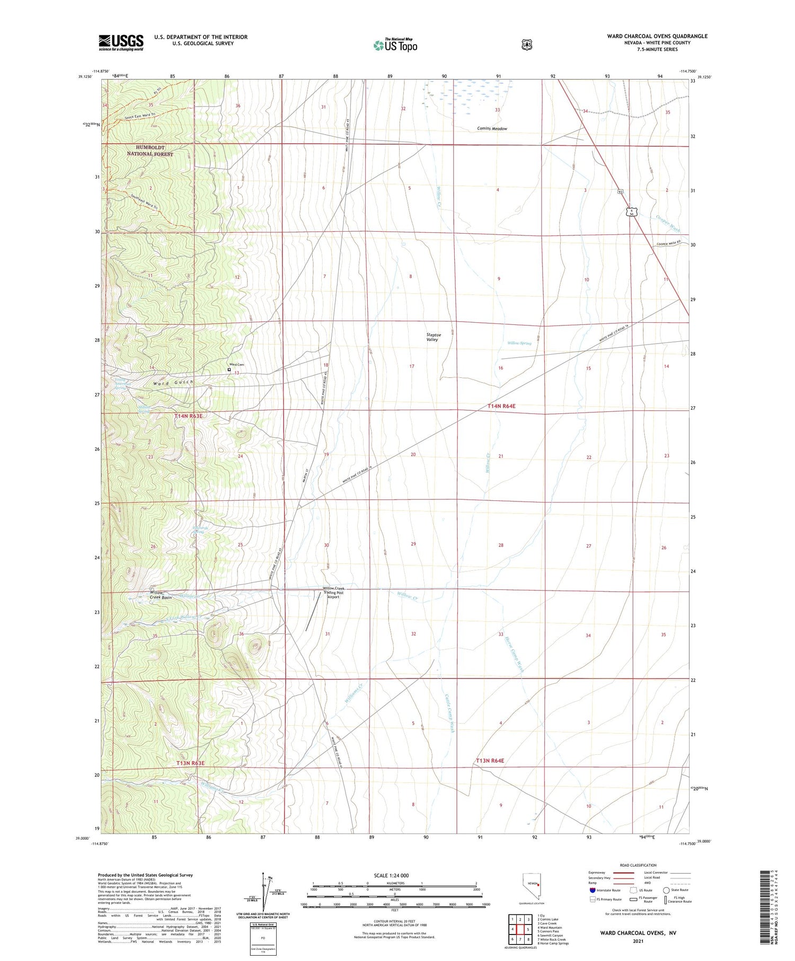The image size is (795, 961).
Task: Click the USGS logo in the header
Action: click(x=121, y=42)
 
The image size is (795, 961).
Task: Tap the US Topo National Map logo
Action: click(x=395, y=45)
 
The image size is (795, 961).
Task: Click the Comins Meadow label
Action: click(x=492, y=129)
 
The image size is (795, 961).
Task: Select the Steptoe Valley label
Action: click(x=432, y=337)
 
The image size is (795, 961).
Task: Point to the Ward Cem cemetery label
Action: click(x=237, y=365)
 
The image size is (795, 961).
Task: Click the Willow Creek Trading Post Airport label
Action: click(x=333, y=593)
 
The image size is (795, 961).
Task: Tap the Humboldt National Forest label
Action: click(x=150, y=151)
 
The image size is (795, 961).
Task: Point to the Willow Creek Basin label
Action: click(x=160, y=595)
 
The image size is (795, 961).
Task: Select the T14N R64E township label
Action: click(x=501, y=406)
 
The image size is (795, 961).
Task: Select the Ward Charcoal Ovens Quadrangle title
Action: click(x=657, y=36)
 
